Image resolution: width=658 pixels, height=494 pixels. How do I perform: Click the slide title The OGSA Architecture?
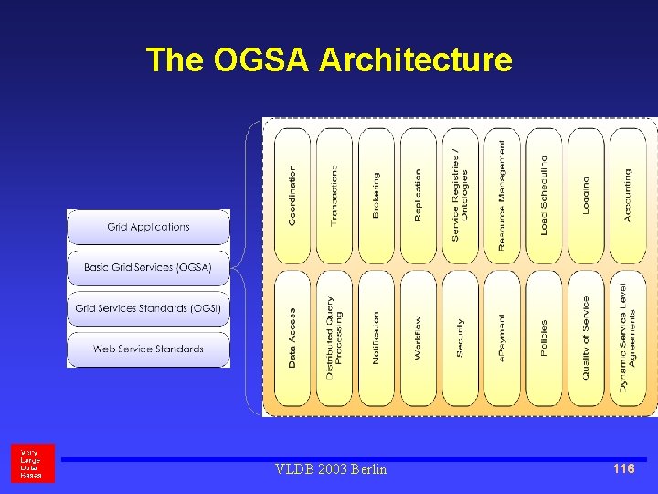click(329, 60)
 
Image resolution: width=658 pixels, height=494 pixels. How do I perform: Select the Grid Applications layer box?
click(148, 227)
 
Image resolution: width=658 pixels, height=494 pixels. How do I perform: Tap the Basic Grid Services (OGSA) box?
click(148, 267)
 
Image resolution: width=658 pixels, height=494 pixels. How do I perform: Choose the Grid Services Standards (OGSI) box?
click(148, 308)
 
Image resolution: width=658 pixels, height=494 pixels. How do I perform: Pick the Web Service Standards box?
click(148, 349)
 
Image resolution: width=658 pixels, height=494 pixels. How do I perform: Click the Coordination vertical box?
click(292, 195)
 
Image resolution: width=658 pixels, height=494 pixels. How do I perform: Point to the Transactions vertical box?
click(334, 195)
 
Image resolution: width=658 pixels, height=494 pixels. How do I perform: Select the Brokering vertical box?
click(377, 195)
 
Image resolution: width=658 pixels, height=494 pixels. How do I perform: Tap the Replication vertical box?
click(419, 195)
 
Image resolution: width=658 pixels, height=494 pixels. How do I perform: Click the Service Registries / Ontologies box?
click(460, 195)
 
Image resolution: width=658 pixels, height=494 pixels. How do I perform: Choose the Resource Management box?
click(502, 195)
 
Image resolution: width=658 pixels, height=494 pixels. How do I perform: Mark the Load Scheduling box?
click(544, 195)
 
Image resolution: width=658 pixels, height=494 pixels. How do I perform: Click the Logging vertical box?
click(586, 195)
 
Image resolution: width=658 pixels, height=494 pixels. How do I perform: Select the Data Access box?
click(292, 338)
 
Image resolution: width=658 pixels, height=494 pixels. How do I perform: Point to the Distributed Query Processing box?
click(334, 338)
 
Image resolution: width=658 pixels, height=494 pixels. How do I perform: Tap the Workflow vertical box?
click(419, 338)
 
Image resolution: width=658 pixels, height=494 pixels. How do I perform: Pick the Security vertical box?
click(460, 338)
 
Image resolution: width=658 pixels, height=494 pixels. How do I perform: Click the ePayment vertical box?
click(502, 338)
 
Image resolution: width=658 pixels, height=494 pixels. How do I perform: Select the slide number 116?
click(623, 468)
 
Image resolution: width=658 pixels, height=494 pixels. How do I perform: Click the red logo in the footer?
click(33, 463)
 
